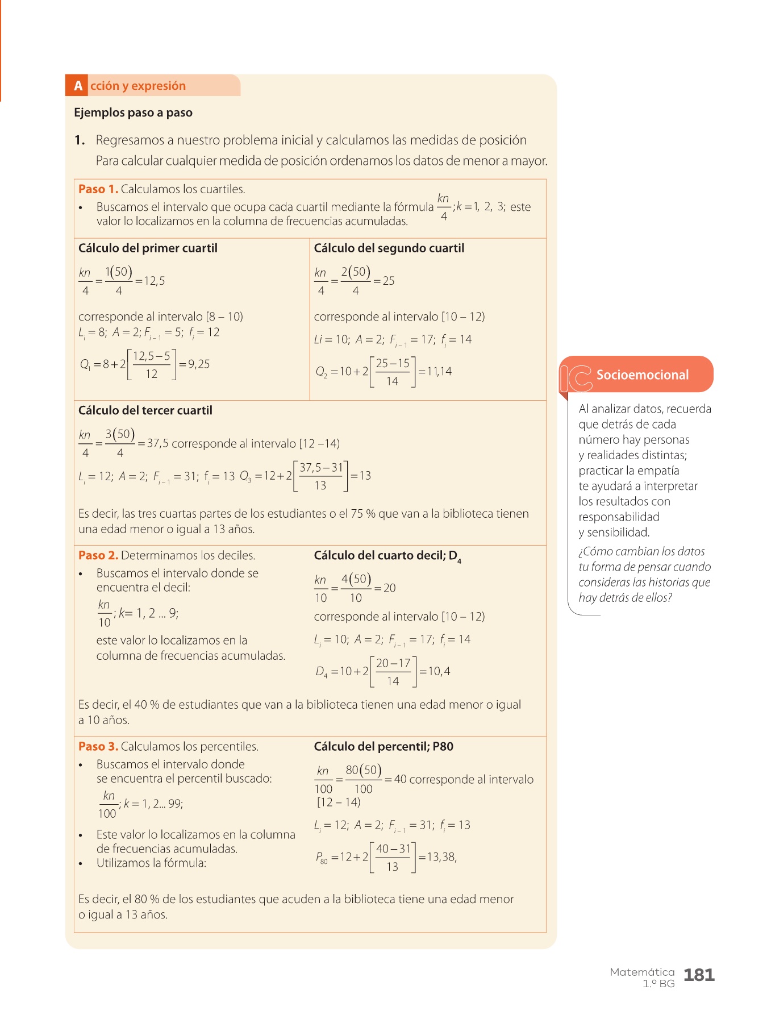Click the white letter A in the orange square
[78, 86]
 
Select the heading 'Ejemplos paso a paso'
[133, 113]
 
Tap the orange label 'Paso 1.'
[98, 189]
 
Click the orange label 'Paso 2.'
[98, 555]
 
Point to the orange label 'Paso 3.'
[98, 746]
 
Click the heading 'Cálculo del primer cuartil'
[148, 248]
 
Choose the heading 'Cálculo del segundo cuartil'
[389, 248]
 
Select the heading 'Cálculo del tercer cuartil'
[145, 410]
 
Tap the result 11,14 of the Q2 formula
[439, 372]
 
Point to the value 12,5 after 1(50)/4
[154, 281]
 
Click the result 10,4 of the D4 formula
[439, 671]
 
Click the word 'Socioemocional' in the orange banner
[642, 375]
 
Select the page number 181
[699, 975]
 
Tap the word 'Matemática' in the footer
[642, 972]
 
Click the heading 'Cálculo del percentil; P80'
[383, 746]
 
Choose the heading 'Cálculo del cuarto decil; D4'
[387, 556]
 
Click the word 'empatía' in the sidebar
[658, 471]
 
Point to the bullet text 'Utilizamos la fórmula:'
[151, 863]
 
